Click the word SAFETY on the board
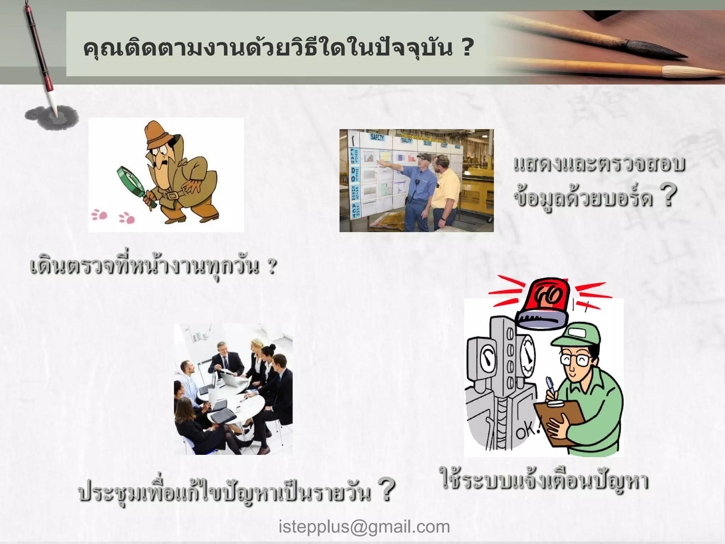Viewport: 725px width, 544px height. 377,137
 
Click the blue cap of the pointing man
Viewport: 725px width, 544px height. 423,156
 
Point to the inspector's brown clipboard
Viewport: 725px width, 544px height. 559,421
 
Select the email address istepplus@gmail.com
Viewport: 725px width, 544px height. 364,527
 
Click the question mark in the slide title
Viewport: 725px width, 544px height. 468,48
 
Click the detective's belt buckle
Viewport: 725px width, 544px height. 172,196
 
